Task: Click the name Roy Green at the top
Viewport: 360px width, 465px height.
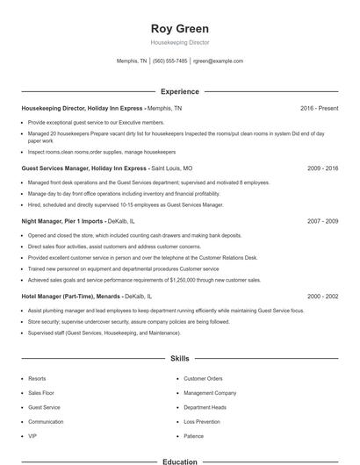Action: click(180, 29)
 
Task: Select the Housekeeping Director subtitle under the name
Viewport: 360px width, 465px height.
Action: click(180, 42)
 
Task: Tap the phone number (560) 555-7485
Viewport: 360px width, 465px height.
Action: click(169, 61)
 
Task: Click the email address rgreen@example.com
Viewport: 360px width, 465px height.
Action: click(218, 61)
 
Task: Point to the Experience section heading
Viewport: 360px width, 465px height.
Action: click(180, 91)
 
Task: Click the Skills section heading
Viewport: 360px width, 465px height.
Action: click(180, 359)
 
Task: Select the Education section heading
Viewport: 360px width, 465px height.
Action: click(180, 461)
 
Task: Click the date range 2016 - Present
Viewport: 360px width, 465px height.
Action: click(319, 108)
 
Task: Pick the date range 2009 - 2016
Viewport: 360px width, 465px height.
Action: click(322, 167)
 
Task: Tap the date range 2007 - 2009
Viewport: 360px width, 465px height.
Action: click(322, 221)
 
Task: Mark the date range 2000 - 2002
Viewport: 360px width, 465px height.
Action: click(322, 297)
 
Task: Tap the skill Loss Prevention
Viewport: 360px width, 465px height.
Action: click(201, 421)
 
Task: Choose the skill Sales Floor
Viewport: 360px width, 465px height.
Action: click(41, 393)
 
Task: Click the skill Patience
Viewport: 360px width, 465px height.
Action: click(193, 436)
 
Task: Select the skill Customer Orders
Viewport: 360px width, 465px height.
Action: click(203, 378)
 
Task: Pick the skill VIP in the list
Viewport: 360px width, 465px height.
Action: click(32, 436)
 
